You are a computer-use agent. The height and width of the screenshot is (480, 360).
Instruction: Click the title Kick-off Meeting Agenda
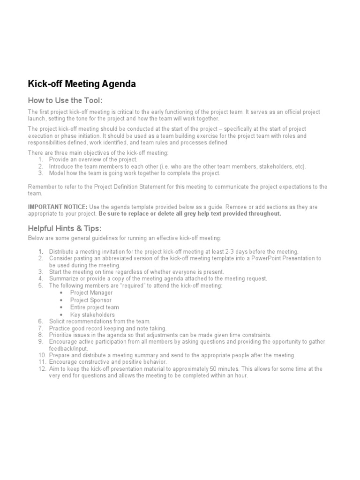(82, 84)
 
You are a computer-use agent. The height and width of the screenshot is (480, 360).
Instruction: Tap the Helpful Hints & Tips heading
(64, 228)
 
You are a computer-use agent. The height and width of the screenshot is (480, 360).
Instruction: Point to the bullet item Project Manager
(91, 292)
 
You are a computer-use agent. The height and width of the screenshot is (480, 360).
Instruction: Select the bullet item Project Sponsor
(91, 300)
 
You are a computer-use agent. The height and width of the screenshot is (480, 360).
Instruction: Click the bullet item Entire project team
(95, 307)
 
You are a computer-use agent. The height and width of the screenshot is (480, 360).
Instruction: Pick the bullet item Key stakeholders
(92, 315)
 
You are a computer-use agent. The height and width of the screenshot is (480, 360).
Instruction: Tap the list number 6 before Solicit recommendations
(40, 321)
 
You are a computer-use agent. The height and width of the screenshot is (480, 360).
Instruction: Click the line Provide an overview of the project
(93, 160)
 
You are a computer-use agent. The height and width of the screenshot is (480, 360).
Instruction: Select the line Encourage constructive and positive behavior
(108, 362)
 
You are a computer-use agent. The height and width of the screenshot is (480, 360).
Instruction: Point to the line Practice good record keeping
(108, 328)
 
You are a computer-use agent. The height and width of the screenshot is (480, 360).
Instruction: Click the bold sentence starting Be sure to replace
(190, 213)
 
